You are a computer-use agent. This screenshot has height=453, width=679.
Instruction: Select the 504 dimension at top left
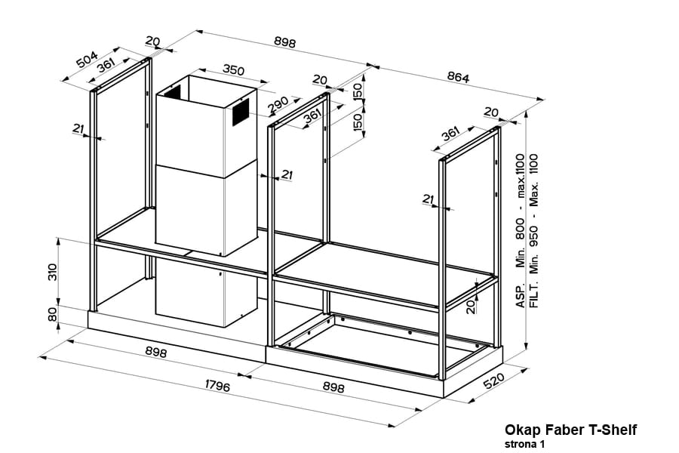pos(87,60)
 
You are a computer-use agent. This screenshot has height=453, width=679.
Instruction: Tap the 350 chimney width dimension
pos(233,70)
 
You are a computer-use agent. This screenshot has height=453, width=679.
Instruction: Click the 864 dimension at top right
pos(457,78)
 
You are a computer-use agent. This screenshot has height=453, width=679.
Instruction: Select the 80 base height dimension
pos(52,314)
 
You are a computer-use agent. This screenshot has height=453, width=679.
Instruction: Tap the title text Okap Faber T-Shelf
pos(570,430)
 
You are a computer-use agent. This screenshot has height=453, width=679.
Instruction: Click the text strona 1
pos(525,444)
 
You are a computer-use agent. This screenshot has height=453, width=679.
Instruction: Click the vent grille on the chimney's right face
pos(239,112)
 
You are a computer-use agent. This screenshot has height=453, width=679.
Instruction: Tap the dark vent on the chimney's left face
pos(173,93)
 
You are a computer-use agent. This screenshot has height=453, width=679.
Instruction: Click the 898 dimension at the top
pos(284,42)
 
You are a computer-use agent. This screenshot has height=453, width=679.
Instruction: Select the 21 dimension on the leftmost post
pos(78,129)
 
